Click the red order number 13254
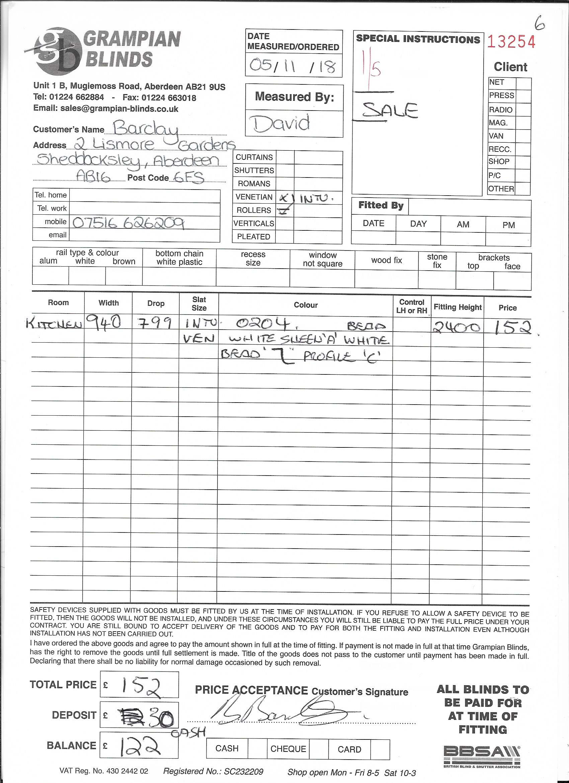pos(511,42)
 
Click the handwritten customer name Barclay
pos(146,129)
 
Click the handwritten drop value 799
pos(155,324)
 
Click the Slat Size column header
pos(199,304)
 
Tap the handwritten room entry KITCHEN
pos(55,324)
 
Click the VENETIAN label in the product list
pos(254,197)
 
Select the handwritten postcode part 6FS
pos(189,177)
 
